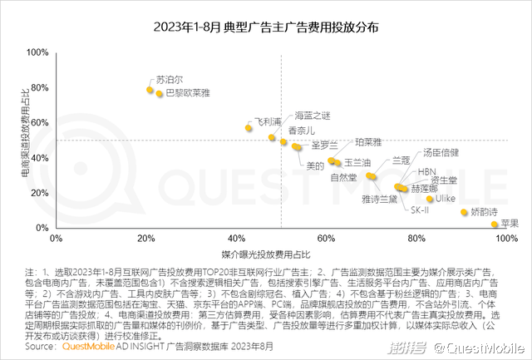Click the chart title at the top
tap(266, 27)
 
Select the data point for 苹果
tap(495, 224)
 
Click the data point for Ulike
tap(431, 199)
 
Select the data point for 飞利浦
tap(249, 127)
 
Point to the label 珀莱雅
tap(368, 142)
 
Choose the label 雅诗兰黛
tap(379, 199)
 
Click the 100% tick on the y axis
tap(37, 52)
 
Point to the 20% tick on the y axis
tap(40, 193)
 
